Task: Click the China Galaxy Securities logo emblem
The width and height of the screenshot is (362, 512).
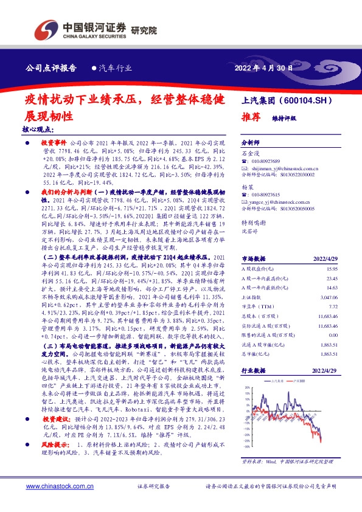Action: [45, 30]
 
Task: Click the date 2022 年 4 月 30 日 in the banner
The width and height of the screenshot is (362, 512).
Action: [263, 68]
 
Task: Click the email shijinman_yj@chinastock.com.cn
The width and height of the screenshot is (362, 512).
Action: [285, 172]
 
